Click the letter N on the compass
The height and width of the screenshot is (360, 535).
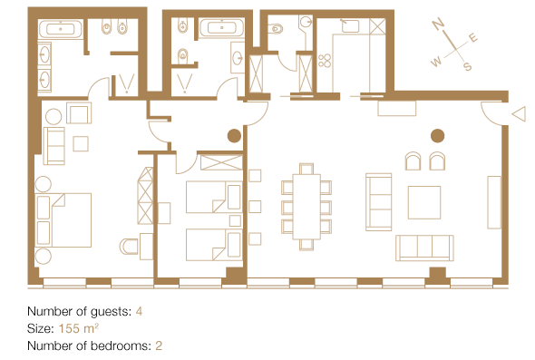(438, 24)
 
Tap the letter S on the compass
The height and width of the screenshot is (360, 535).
(468, 66)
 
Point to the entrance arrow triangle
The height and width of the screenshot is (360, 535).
(519, 113)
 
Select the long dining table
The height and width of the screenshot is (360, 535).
(306, 207)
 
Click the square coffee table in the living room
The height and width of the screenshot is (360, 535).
(424, 202)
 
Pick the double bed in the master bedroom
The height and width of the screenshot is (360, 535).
(63, 220)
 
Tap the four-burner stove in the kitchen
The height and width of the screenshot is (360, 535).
(325, 61)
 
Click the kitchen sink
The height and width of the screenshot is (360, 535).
(350, 26)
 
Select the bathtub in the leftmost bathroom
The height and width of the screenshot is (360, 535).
(61, 29)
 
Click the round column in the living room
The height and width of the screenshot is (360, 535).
(437, 136)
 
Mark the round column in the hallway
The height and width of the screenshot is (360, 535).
(234, 136)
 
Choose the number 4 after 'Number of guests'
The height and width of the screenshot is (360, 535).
(139, 311)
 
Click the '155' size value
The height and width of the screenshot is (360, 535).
(69, 328)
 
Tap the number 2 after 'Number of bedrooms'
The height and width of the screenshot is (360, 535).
(159, 345)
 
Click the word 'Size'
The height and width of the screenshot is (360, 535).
(39, 328)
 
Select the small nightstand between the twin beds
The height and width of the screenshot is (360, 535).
(235, 220)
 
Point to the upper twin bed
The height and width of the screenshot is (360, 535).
(214, 197)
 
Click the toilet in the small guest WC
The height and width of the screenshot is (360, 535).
(276, 29)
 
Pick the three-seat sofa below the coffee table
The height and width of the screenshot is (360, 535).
(424, 248)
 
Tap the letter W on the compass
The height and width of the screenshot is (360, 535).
(436, 62)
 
